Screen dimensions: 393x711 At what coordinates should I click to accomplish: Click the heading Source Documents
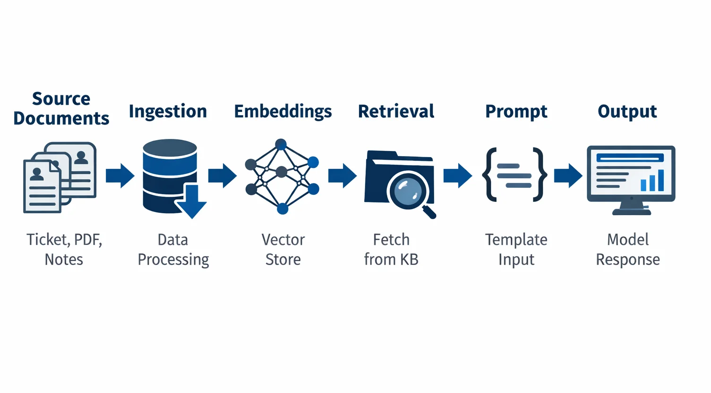[61, 109]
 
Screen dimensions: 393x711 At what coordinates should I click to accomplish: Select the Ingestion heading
[168, 111]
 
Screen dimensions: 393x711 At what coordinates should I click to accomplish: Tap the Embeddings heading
[283, 111]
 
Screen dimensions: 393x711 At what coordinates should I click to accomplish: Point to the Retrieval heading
[396, 111]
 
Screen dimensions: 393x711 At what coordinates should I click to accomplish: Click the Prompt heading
[516, 111]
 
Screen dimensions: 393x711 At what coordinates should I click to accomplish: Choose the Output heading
[627, 111]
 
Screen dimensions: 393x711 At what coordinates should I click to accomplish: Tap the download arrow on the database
[191, 202]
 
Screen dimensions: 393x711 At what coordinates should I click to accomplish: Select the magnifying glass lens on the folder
[407, 191]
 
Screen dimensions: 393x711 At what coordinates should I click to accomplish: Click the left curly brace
[490, 175]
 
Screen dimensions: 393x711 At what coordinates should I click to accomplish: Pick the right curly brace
[539, 175]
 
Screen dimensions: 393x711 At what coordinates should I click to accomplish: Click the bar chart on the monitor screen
[652, 181]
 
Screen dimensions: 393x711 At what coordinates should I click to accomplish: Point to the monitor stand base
[632, 212]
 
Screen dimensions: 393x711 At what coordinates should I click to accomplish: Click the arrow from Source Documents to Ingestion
[120, 176]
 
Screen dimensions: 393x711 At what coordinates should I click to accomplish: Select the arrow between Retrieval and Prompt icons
[457, 176]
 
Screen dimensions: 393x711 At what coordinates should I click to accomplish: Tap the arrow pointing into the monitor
[568, 176]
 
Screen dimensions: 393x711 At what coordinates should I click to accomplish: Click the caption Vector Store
[283, 250]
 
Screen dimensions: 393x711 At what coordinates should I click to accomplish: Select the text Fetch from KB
[391, 250]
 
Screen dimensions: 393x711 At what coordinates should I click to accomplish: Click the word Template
[516, 240]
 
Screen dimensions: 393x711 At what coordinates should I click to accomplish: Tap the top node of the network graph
[281, 144]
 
